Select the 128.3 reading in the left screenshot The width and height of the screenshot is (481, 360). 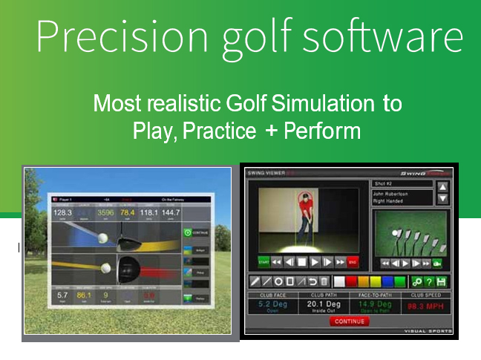pos(62,213)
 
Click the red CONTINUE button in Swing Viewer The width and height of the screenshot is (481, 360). pos(349,321)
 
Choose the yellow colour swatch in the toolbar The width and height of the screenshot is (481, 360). pos(372,282)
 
